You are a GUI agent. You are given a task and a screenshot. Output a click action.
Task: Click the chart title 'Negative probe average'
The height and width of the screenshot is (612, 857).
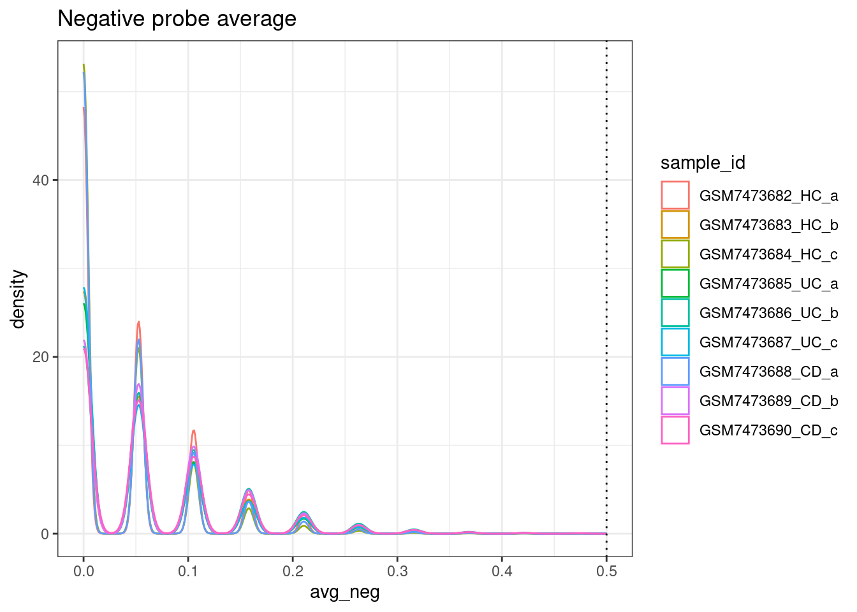(177, 19)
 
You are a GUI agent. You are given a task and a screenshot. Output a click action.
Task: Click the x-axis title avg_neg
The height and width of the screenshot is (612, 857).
(344, 592)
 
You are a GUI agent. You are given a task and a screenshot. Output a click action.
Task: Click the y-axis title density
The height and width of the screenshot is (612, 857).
(18, 298)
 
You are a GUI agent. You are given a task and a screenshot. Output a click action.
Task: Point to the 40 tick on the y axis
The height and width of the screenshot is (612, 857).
(41, 180)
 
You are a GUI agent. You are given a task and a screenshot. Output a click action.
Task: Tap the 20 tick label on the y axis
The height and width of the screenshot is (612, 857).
(41, 357)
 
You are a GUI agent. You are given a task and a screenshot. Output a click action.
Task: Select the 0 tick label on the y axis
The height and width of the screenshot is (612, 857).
(45, 534)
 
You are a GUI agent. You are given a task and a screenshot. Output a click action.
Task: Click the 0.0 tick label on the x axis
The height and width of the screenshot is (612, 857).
(84, 571)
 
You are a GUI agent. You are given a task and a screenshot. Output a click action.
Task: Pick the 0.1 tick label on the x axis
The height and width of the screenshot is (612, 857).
(188, 571)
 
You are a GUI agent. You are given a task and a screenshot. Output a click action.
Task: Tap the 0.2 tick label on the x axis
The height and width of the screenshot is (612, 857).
(293, 571)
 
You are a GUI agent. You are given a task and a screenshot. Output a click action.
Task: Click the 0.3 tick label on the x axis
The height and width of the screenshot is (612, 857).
(397, 571)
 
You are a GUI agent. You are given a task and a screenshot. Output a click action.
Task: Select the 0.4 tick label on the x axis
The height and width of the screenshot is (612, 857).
(502, 571)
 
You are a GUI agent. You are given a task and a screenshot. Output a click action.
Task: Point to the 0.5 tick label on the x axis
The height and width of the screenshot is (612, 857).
(606, 571)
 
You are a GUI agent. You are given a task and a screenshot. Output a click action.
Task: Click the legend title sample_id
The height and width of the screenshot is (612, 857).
(703, 163)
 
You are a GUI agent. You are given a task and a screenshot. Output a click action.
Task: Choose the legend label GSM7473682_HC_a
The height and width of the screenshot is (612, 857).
(768, 196)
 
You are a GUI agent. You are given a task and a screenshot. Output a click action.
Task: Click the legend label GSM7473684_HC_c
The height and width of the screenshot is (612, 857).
(768, 254)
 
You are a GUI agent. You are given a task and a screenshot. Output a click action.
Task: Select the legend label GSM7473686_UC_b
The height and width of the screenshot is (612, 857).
(768, 313)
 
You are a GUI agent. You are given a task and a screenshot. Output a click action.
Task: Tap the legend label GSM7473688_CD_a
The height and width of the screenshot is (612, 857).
(768, 372)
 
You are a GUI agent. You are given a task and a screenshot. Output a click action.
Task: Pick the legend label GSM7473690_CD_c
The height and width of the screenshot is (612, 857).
(768, 430)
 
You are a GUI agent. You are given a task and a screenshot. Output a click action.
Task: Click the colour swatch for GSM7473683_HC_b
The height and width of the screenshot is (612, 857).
(675, 225)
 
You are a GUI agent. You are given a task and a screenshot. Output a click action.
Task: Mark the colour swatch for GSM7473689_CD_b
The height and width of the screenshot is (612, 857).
(675, 401)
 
